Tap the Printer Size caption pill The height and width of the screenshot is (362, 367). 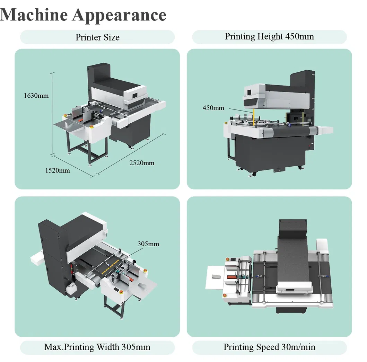(x=97, y=37)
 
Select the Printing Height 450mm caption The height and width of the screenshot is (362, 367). (x=269, y=36)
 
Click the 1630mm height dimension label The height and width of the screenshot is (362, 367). (x=36, y=95)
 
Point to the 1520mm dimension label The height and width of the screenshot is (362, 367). (x=58, y=170)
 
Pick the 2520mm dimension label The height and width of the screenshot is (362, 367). (x=142, y=163)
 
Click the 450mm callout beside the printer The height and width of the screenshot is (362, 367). (x=213, y=108)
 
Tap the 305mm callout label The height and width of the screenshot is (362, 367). (x=148, y=244)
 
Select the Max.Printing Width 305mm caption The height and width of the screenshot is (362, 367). (x=97, y=347)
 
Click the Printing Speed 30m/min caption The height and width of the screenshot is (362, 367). (x=269, y=347)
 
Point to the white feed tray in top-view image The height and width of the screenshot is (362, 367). (x=215, y=277)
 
